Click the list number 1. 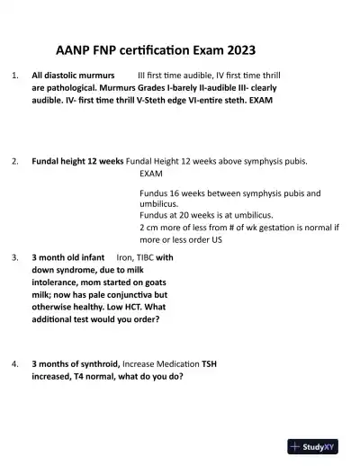click(13, 76)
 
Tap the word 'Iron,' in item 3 click(126, 257)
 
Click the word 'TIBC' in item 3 click(149, 257)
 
